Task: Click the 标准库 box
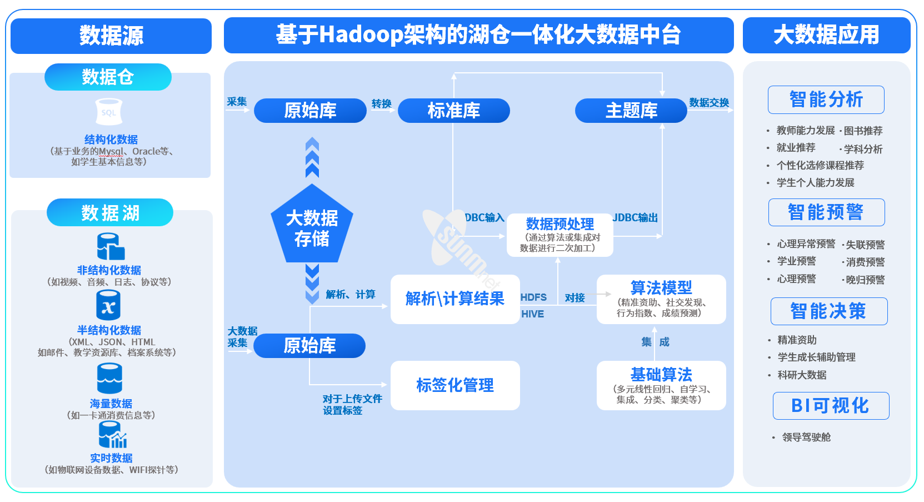pyautogui.click(x=453, y=111)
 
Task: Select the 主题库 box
pyautogui.click(x=631, y=111)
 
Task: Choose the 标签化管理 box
pyautogui.click(x=455, y=385)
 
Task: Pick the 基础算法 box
pyautogui.click(x=661, y=385)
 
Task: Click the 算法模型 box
pyautogui.click(x=661, y=299)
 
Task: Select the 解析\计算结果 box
pyautogui.click(x=455, y=299)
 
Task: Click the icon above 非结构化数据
pyautogui.click(x=110, y=246)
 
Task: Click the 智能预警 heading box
pyautogui.click(x=826, y=212)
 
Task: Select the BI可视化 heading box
pyautogui.click(x=831, y=406)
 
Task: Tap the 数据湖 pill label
pyautogui.click(x=110, y=212)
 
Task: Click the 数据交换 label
pyautogui.click(x=709, y=103)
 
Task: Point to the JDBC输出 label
pyautogui.click(x=635, y=218)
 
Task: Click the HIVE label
pyautogui.click(x=532, y=314)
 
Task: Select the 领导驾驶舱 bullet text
pyautogui.click(x=806, y=438)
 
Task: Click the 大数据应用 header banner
pyautogui.click(x=826, y=36)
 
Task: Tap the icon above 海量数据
pyautogui.click(x=109, y=379)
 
